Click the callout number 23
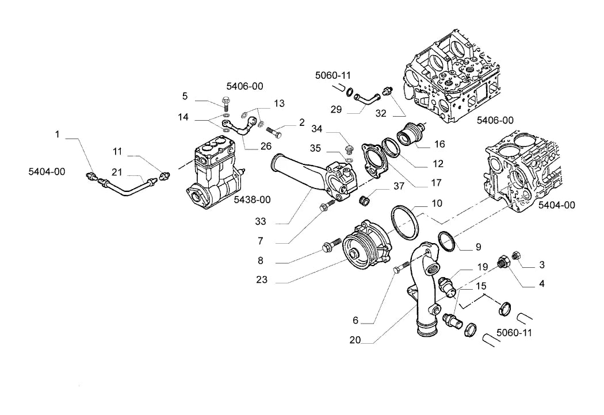click(262, 279)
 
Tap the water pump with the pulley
click(366, 243)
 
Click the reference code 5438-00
click(253, 199)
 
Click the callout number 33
click(261, 221)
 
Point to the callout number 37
click(399, 186)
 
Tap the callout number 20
click(355, 340)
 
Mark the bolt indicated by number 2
click(274, 132)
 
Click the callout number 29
click(337, 110)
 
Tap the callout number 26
click(266, 147)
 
